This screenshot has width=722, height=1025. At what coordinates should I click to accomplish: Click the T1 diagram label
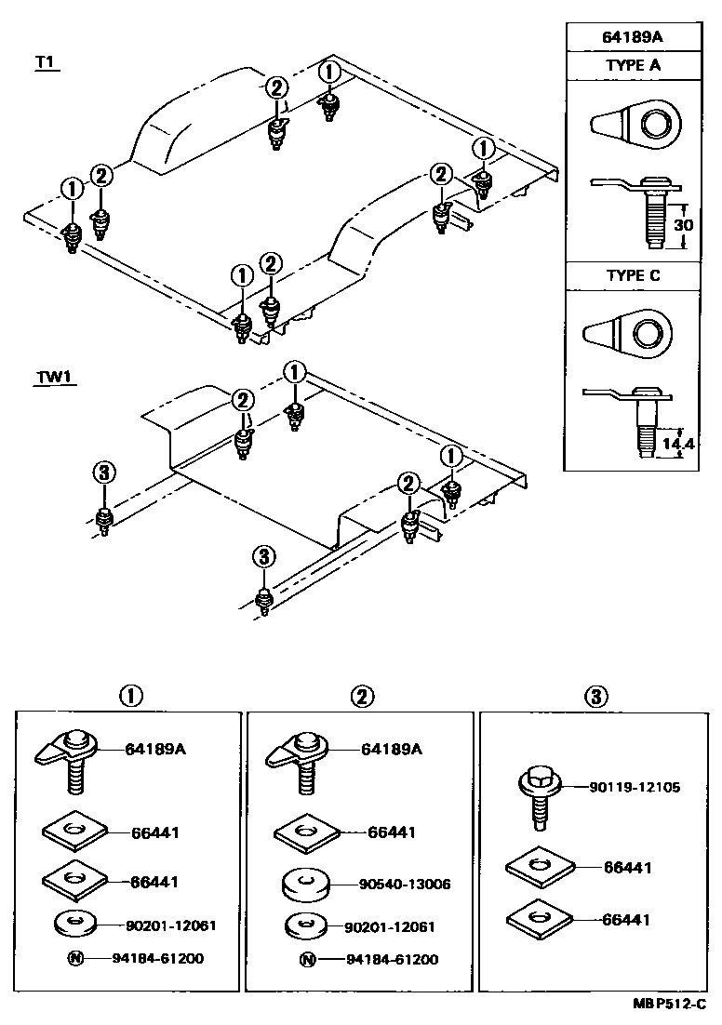46,62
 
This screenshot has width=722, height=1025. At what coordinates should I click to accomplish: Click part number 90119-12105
634,787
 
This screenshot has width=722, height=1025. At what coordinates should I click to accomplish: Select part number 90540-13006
404,884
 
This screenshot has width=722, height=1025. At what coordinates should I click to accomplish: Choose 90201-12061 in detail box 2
390,926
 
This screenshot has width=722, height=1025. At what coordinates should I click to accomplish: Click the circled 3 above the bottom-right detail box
596,695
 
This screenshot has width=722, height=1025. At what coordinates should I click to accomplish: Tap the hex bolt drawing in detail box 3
536,794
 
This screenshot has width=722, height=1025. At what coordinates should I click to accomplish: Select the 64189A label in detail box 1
155,749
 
